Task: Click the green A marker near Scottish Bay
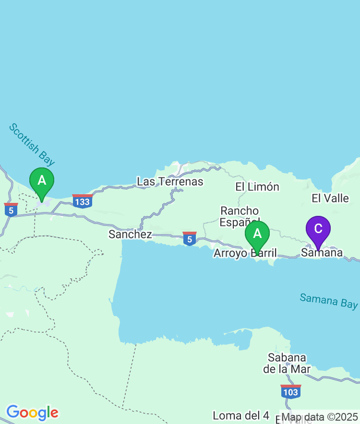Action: click(42, 181)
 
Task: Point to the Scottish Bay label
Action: click(32, 145)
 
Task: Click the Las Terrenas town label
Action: click(170, 182)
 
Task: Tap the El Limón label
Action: click(257, 187)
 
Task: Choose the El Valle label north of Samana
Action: click(330, 198)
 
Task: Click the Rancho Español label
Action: click(240, 216)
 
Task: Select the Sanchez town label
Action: click(130, 235)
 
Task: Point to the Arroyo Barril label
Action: click(245, 253)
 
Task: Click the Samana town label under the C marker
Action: click(322, 252)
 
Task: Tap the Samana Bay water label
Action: click(329, 301)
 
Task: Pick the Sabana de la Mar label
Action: click(287, 363)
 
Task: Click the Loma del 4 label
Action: click(241, 415)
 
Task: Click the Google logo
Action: click(32, 412)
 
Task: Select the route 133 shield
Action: click(83, 201)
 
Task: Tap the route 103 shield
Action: click(291, 391)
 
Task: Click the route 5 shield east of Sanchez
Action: click(190, 238)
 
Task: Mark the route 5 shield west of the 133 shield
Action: click(11, 210)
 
